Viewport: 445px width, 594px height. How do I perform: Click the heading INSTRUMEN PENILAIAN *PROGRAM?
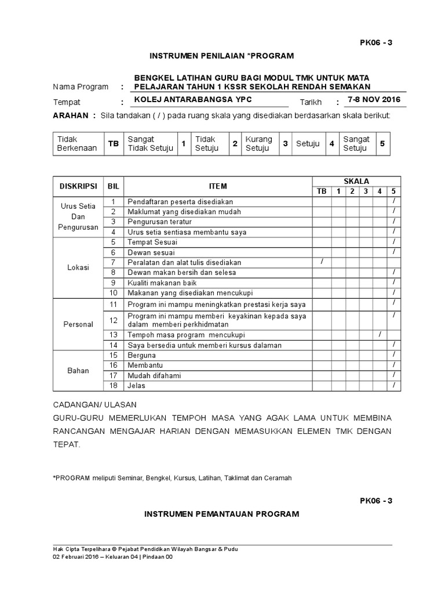click(222, 56)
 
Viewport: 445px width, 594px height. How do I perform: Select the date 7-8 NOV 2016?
click(374, 99)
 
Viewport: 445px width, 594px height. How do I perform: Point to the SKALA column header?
click(358, 181)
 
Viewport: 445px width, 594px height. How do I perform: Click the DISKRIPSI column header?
click(78, 186)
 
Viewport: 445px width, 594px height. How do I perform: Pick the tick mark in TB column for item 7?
click(322, 262)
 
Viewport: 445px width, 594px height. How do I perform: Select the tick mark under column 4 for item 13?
click(380, 335)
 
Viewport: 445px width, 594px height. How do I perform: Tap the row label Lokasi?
click(78, 267)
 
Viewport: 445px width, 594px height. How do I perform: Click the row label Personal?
click(78, 324)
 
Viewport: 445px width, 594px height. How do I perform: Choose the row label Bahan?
click(78, 370)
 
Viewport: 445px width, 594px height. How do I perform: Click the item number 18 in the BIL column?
click(114, 386)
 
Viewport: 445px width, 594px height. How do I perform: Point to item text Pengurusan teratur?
click(160, 222)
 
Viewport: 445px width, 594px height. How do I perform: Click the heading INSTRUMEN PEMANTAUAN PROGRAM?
click(222, 514)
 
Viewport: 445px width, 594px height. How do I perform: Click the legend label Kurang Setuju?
click(259, 144)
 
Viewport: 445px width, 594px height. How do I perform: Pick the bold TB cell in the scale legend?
click(113, 144)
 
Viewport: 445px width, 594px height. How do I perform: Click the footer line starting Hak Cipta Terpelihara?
click(145, 549)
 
